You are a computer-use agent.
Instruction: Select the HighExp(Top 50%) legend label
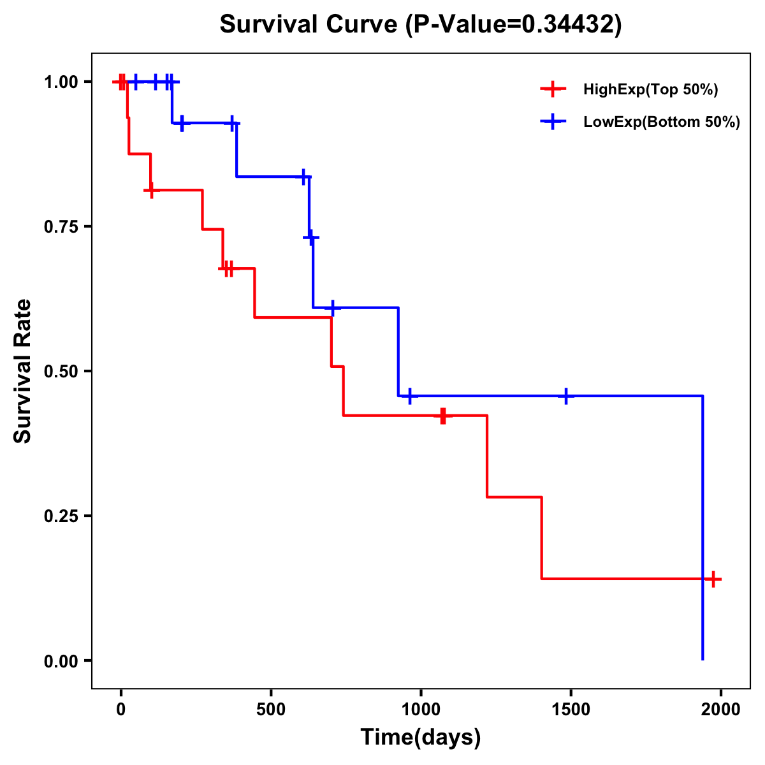point(650,90)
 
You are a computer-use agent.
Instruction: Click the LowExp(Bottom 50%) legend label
point(662,122)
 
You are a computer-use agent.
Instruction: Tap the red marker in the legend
point(553,89)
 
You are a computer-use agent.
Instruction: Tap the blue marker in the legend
point(553,122)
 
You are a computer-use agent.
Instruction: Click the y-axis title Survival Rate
point(23,371)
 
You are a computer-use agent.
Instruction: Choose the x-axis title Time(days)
point(421,737)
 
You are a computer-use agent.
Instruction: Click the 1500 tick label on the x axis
point(571,709)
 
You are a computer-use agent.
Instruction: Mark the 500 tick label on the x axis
point(271,709)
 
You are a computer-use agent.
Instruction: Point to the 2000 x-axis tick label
point(720,709)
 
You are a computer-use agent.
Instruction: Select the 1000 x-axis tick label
point(421,709)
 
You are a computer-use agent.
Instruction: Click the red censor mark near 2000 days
point(713,579)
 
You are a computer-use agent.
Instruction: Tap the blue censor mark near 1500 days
point(565,396)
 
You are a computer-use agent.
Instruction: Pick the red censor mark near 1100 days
point(443,416)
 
